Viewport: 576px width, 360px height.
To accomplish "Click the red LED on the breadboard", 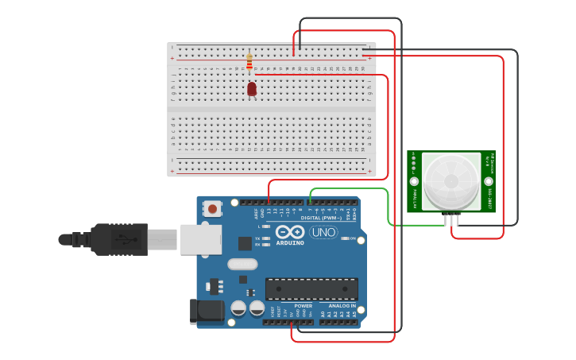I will (x=252, y=89).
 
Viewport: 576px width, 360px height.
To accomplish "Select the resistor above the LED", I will (x=249, y=61).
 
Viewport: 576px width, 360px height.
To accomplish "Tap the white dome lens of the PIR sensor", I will (x=451, y=180).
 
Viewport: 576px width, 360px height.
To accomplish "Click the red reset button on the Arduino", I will (x=212, y=209).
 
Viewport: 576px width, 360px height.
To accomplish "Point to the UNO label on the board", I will (x=323, y=232).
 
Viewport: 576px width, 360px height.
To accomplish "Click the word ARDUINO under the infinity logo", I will (x=290, y=242).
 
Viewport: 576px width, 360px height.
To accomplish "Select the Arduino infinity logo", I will (x=290, y=231).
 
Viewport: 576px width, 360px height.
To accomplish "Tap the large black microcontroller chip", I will (x=311, y=288).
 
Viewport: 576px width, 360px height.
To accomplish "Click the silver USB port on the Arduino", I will (x=200, y=239).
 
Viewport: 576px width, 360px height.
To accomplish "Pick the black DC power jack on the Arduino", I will (x=206, y=311).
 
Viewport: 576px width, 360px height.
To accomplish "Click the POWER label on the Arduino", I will (x=303, y=305).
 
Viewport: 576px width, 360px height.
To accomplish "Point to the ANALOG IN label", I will (x=342, y=305).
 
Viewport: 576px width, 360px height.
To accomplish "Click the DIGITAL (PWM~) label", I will (x=322, y=218).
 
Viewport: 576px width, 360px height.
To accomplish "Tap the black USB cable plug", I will (x=119, y=239).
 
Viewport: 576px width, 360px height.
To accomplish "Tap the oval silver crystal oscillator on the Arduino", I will (x=242, y=264).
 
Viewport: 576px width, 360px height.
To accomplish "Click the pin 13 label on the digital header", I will (x=269, y=211).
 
